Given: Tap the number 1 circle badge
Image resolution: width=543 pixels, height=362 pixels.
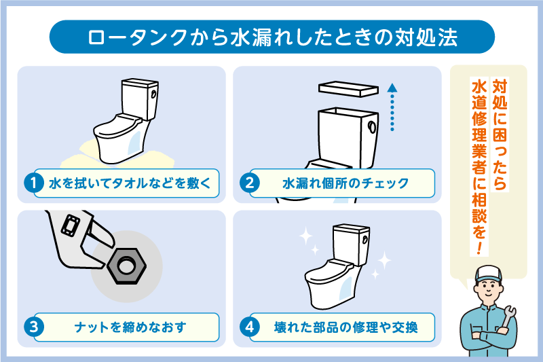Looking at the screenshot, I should tap(33, 183).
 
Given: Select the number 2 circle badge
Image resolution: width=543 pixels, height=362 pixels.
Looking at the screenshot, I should tap(250, 183).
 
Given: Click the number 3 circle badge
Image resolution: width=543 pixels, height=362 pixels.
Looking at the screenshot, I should tap(33, 327).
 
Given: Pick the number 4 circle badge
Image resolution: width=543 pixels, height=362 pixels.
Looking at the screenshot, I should tap(250, 327).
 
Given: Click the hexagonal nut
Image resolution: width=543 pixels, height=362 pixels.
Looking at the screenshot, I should tap(126, 261).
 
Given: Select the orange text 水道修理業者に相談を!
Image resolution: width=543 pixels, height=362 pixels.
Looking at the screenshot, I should tap(479, 166).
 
